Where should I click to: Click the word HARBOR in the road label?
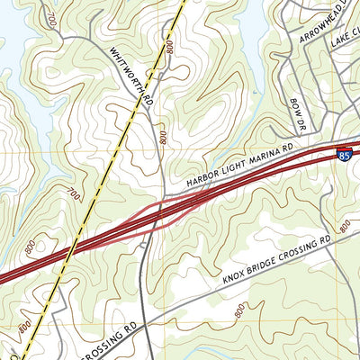coord(203,178)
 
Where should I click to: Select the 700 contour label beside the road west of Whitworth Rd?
coord(51,18)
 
